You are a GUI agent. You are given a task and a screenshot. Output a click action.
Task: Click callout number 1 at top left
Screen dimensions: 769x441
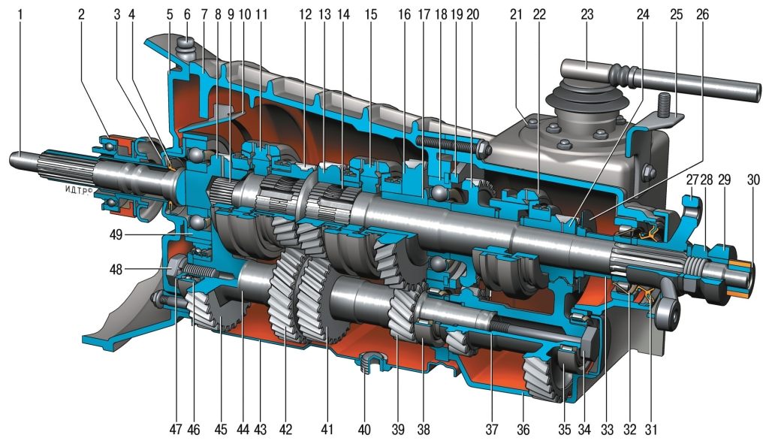[20, 15]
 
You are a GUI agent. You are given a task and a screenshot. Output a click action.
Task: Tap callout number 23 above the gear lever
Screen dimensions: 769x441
[587, 15]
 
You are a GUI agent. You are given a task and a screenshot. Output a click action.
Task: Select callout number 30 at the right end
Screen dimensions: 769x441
[752, 180]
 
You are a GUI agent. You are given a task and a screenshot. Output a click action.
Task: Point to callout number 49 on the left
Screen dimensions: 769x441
[116, 234]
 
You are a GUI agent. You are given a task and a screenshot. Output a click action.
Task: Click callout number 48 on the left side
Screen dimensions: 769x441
[116, 269]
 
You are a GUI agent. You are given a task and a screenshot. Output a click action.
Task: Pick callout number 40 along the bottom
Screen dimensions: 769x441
[364, 429]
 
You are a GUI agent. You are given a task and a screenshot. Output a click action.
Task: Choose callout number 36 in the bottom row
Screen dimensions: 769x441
[523, 429]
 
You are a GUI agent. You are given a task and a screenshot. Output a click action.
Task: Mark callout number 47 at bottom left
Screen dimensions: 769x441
[176, 429]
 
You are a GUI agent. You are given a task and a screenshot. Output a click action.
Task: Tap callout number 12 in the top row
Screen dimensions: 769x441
[305, 15]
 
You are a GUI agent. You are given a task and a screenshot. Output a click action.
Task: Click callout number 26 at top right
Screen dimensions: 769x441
[702, 15]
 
